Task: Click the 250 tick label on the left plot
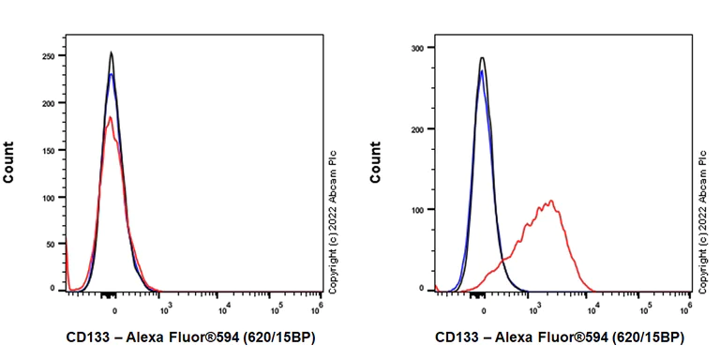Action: point(48,55)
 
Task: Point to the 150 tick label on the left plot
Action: point(48,149)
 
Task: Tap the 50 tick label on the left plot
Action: point(51,243)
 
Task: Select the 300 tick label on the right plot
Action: point(419,47)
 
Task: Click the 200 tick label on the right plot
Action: point(419,128)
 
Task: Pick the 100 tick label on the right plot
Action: point(419,209)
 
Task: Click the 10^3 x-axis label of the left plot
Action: point(167,305)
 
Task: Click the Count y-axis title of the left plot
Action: point(9,161)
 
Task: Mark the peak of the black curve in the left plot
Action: point(111,52)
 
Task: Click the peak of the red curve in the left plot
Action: point(110,117)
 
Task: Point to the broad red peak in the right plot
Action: point(550,201)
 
